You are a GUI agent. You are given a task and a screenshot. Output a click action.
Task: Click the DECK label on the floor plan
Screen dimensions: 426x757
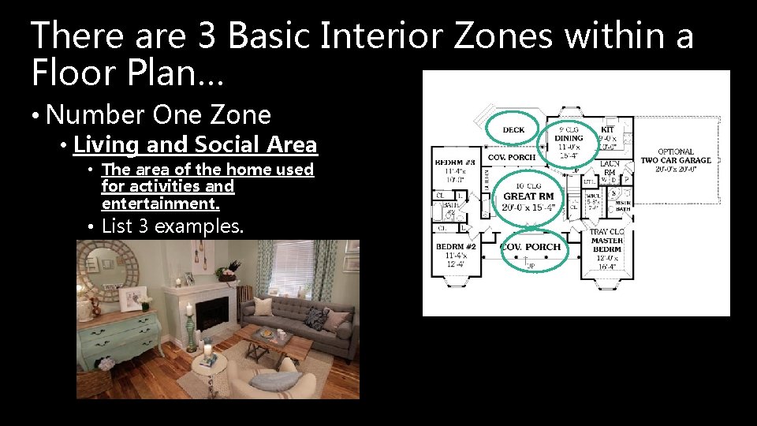click(513, 130)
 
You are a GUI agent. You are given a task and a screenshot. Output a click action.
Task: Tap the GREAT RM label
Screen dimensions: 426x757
click(528, 196)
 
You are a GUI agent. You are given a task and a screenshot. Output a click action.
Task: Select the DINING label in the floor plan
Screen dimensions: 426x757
click(569, 139)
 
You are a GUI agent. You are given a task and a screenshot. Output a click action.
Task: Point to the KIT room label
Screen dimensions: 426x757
click(608, 129)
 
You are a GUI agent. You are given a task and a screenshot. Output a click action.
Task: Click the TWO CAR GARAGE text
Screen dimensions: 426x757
click(675, 160)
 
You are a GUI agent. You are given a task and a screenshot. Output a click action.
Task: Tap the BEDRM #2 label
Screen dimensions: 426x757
click(455, 246)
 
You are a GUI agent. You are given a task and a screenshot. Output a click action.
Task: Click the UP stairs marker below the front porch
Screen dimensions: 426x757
click(530, 266)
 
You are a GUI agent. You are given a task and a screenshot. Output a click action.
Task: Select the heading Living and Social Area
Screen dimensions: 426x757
click(196, 145)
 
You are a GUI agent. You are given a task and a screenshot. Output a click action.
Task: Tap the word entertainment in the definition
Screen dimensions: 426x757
click(160, 204)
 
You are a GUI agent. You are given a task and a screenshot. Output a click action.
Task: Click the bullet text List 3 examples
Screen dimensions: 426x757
click(173, 226)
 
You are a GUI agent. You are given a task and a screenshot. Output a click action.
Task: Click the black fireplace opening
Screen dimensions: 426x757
click(211, 313)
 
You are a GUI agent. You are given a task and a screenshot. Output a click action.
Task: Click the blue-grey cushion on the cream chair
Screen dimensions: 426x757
click(264, 381)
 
